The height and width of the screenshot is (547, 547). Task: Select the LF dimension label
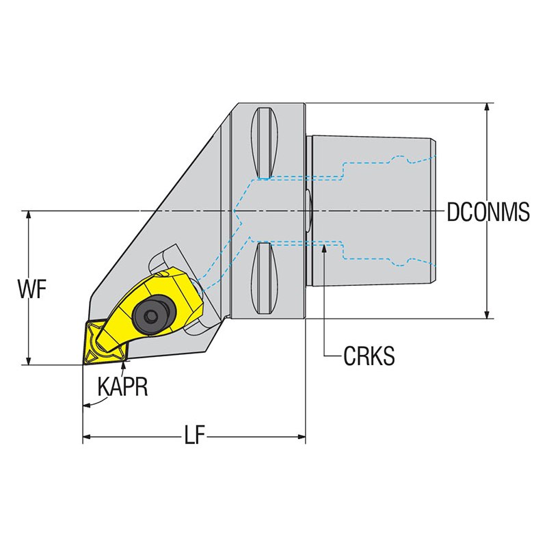[194, 436]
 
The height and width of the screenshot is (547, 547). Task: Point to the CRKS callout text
[369, 356]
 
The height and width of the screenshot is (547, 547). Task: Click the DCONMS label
[488, 212]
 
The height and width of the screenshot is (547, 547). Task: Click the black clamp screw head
[152, 315]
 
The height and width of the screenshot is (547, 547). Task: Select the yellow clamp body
[150, 307]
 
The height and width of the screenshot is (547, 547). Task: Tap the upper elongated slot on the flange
[265, 142]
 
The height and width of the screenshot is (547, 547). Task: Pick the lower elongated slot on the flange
[265, 278]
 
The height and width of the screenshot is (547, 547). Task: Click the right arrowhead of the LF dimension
[301, 436]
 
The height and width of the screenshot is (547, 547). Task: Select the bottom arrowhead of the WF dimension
[29, 360]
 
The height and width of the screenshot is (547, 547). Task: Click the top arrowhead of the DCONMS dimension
[488, 109]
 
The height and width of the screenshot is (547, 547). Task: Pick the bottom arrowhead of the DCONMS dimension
[488, 313]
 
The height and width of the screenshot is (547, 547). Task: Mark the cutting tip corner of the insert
[83, 364]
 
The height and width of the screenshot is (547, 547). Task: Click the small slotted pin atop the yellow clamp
[161, 275]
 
